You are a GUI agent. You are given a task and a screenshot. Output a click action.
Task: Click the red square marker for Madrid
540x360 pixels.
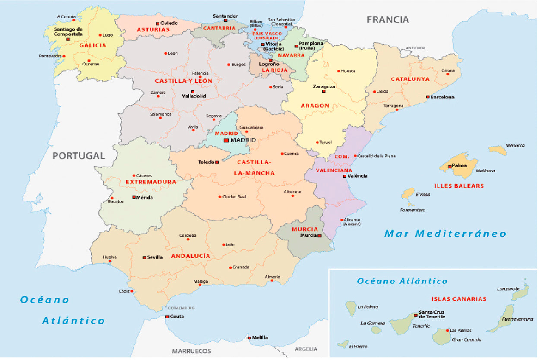coord(227,141)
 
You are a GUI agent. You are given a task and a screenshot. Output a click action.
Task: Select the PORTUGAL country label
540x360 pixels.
coord(79,156)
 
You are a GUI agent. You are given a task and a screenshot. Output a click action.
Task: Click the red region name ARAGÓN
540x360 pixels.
coord(316,106)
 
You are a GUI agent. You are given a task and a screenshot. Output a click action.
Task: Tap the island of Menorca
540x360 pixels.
coord(499,151)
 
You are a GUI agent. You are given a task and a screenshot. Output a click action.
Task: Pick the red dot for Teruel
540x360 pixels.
coord(318,142)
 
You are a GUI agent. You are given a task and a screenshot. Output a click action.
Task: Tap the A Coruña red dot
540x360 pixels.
coord(74,20)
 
